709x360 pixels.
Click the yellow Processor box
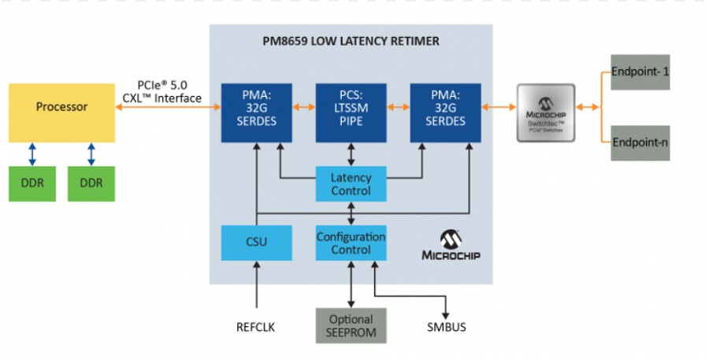(x=62, y=107)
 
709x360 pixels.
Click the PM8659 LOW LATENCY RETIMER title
(x=351, y=41)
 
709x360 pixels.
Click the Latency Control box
(x=351, y=184)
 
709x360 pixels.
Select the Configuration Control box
(x=351, y=243)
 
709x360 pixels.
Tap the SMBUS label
(x=446, y=326)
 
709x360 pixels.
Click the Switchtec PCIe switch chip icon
(x=545, y=113)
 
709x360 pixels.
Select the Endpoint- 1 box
(x=640, y=72)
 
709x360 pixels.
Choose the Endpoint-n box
(x=640, y=143)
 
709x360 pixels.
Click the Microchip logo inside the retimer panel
(x=451, y=246)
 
